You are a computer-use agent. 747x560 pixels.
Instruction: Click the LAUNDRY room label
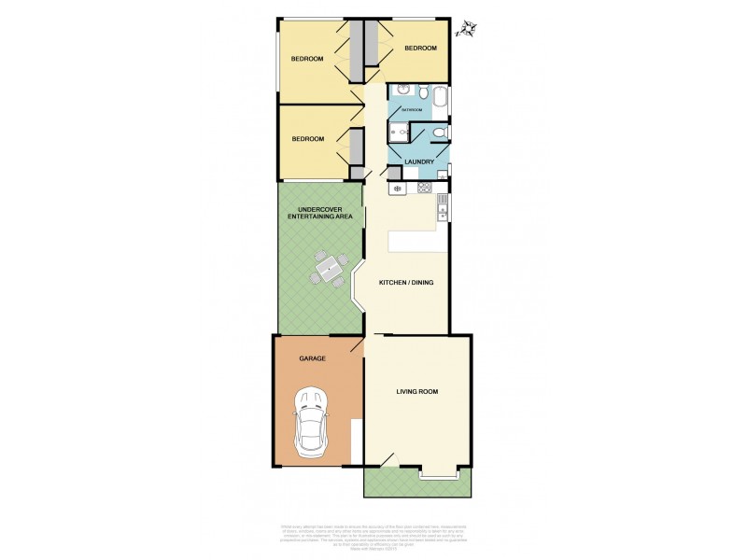coord(419,162)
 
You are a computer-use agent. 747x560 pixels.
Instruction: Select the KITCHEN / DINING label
coord(406,282)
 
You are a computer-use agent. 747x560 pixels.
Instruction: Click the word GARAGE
coord(312,358)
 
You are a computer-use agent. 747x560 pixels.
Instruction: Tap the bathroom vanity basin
coord(402,90)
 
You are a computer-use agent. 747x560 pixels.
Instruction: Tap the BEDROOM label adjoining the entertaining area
coord(307,139)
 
